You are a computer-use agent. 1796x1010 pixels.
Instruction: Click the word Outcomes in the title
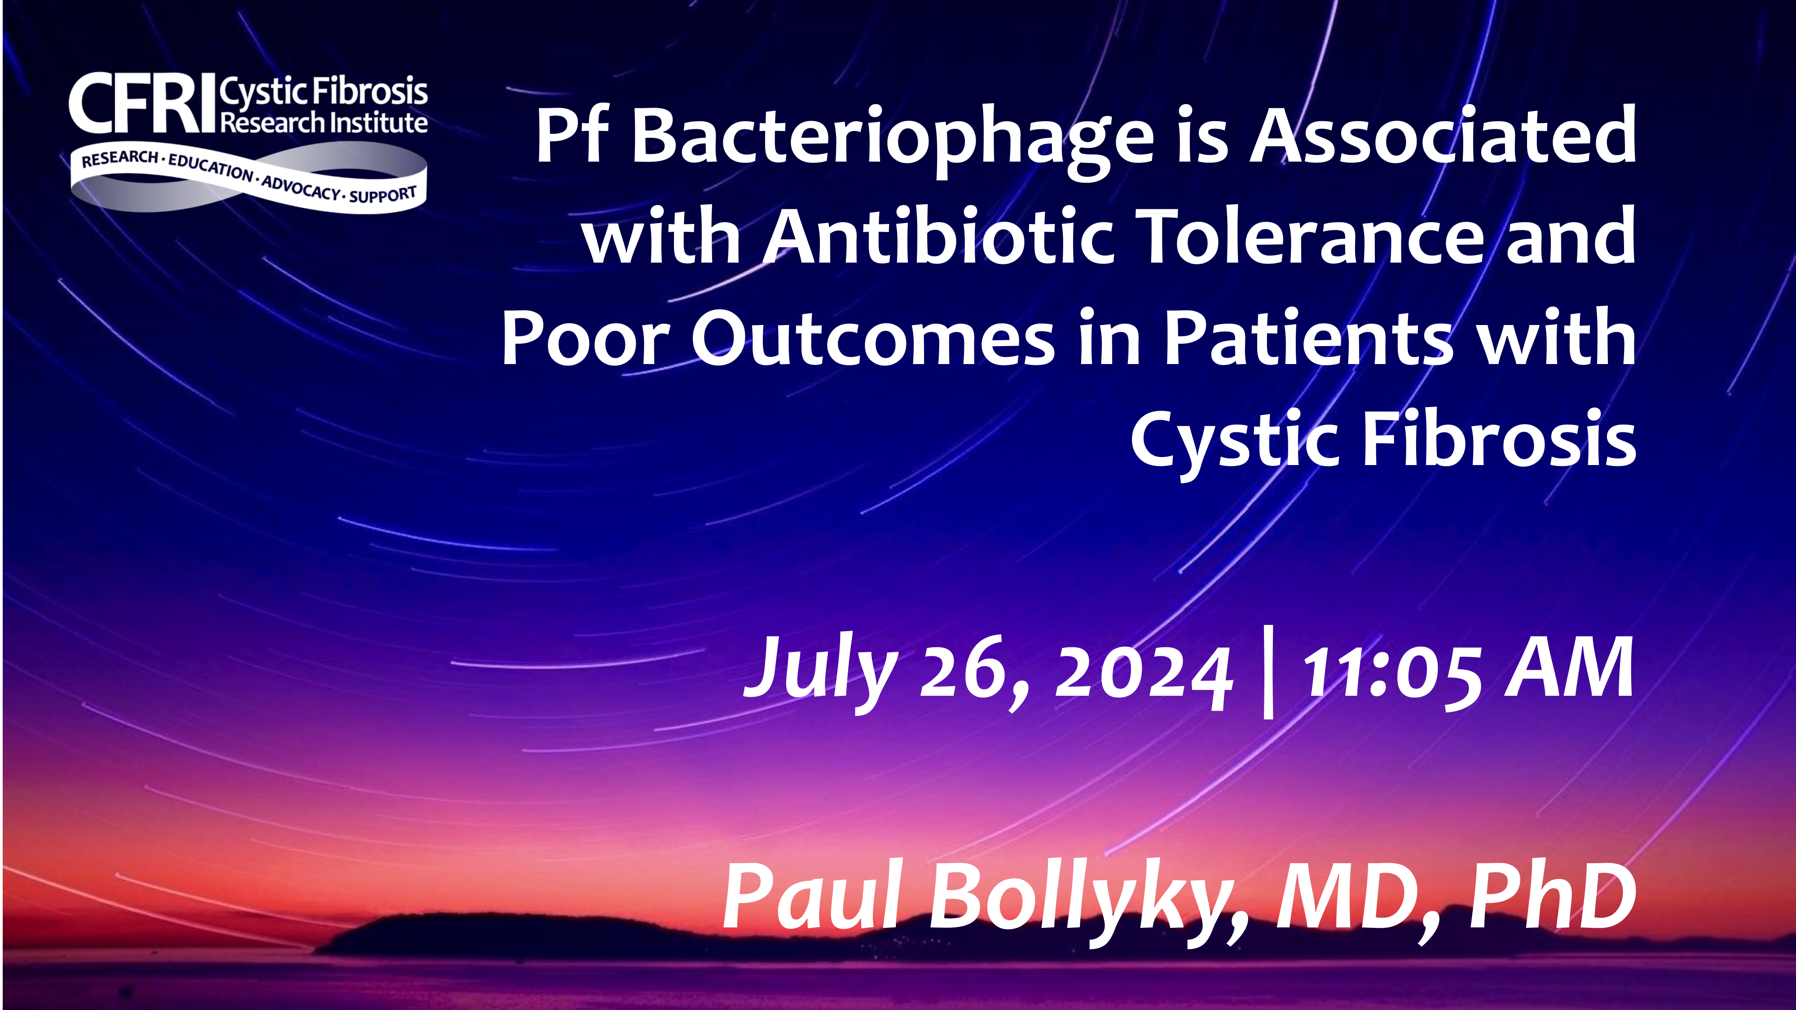coord(873,338)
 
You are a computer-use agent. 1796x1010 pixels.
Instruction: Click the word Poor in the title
coord(585,338)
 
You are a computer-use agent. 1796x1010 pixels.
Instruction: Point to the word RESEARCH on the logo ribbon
coord(120,159)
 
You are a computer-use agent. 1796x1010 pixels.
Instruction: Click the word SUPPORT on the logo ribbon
coord(383,194)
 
